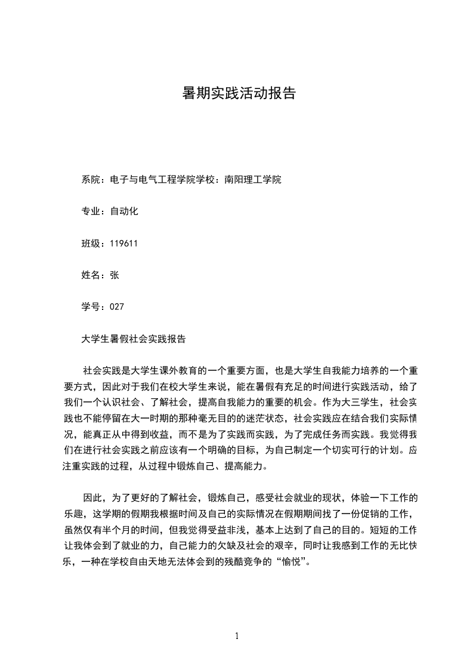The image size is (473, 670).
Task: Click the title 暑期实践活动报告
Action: click(x=239, y=94)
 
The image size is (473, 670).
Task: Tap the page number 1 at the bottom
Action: click(x=237, y=636)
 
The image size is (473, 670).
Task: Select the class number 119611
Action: click(x=124, y=243)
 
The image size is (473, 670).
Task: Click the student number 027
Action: click(x=117, y=306)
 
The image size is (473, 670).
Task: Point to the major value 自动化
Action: click(x=124, y=211)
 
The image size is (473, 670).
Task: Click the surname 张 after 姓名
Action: click(x=115, y=275)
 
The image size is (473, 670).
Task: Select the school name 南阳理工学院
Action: click(x=252, y=180)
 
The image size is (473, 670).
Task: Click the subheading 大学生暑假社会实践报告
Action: click(x=134, y=339)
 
